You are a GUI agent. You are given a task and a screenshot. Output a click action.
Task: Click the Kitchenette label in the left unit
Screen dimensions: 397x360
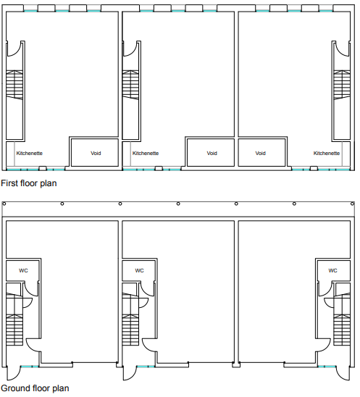tap(29, 154)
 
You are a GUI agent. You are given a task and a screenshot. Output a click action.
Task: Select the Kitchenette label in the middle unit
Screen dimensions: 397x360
tap(145, 154)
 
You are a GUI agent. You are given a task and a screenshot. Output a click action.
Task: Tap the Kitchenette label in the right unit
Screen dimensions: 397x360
tap(327, 154)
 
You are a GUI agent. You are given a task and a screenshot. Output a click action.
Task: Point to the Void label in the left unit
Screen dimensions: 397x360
tap(96, 154)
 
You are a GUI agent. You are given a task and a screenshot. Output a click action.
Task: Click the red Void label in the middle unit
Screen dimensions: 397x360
tap(212, 154)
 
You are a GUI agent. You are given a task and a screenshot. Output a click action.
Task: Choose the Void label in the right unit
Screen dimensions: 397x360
tap(261, 154)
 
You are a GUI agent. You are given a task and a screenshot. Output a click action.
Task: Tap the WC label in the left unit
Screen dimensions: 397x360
tap(24, 270)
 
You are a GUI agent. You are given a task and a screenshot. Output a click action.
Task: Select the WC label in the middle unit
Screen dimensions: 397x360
tap(140, 270)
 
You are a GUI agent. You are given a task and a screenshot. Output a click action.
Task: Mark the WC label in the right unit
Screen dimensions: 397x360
tap(332, 270)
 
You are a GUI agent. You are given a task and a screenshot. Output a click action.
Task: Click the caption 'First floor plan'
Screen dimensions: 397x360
tap(29, 184)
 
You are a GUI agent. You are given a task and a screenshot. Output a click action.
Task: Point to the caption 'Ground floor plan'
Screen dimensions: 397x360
tap(34, 388)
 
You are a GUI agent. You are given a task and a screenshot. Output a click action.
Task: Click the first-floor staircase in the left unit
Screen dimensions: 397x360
tap(15, 86)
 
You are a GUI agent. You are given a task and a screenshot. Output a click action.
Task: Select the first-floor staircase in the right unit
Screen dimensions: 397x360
tap(340, 86)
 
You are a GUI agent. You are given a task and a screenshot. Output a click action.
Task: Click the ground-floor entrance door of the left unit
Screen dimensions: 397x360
tap(14, 373)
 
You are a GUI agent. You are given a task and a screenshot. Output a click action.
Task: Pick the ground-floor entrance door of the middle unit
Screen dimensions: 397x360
tap(130, 373)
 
